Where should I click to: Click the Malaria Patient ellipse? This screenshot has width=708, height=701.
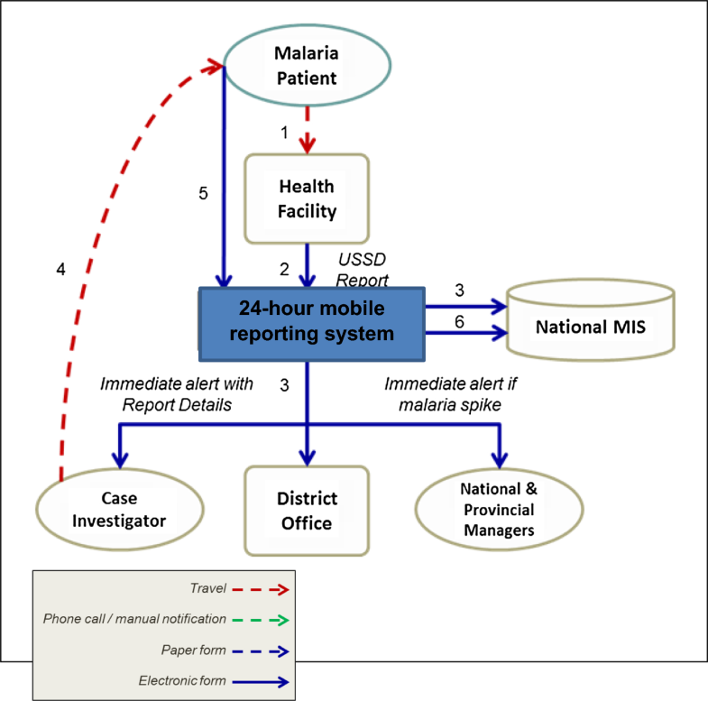(x=307, y=67)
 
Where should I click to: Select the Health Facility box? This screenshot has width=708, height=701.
(x=307, y=199)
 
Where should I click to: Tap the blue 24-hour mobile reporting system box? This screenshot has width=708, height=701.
(x=311, y=320)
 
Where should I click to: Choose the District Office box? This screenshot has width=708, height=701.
(x=307, y=511)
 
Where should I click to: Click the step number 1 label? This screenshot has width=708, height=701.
(x=284, y=133)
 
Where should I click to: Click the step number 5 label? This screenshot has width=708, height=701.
(x=205, y=194)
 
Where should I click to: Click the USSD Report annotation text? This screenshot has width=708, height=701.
(x=364, y=269)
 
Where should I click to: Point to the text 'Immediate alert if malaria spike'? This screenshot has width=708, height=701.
(x=450, y=393)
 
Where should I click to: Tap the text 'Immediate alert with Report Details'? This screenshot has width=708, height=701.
(x=175, y=393)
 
